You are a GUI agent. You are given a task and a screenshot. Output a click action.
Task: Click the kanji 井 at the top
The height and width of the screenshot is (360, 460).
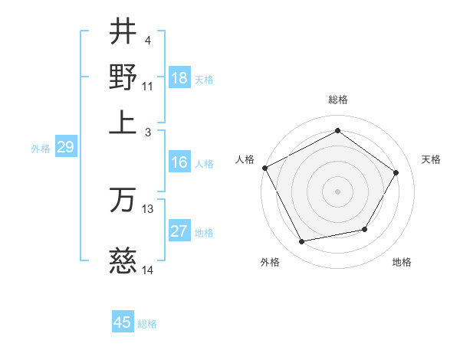[123, 32]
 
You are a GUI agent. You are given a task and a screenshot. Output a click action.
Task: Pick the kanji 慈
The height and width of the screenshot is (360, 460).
[123, 263]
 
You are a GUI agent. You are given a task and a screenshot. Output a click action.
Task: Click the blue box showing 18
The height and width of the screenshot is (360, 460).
[179, 79]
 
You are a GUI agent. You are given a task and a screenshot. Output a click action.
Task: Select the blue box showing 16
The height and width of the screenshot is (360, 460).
[179, 162]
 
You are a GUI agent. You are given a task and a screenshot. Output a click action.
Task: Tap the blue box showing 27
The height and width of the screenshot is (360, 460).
[179, 232]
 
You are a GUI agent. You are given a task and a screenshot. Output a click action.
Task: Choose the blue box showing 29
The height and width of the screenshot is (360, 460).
[65, 148]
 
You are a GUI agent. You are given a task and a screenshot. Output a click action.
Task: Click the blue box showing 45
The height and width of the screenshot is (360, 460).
[123, 322]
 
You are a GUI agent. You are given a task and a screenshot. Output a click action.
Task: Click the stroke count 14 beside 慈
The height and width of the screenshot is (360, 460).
[148, 270]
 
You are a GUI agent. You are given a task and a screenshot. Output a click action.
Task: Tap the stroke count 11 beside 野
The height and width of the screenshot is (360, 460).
[148, 86]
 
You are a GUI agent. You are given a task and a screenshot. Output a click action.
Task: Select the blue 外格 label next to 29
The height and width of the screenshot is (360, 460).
[41, 149]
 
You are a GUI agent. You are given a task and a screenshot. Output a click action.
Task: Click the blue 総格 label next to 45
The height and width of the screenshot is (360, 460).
[147, 324]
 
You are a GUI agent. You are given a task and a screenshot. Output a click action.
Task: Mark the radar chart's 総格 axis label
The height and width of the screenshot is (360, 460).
[337, 100]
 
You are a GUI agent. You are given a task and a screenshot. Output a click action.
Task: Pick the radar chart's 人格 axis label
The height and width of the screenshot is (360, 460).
[245, 159]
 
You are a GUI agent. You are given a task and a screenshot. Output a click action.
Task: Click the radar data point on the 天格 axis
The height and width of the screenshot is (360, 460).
[396, 172]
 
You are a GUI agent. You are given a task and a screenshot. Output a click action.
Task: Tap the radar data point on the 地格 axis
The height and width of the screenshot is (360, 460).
[365, 229]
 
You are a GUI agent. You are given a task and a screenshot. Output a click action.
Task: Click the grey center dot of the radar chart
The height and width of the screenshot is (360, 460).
[337, 191]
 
